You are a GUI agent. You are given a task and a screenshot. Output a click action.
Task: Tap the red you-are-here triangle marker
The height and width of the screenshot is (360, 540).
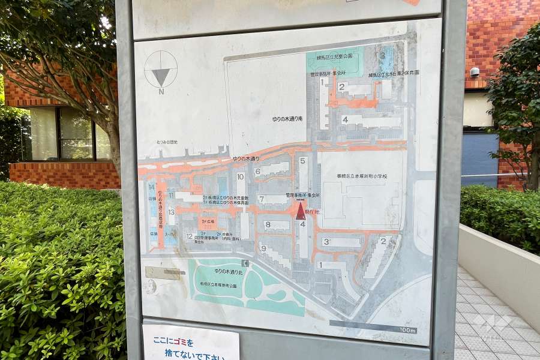click(301, 211)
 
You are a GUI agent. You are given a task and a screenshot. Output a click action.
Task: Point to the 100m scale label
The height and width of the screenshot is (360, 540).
click(407, 330)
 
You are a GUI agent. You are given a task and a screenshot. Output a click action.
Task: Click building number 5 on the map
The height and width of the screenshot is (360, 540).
click(303, 161)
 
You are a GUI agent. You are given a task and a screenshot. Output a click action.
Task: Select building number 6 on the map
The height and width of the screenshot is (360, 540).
click(257, 171)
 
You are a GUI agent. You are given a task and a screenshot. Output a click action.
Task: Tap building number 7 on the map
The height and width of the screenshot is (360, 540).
click(261, 199)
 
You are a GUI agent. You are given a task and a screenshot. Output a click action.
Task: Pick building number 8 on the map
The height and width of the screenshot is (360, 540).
click(267, 224)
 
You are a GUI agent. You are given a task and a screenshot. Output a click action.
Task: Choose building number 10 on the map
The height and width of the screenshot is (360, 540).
click(240, 176)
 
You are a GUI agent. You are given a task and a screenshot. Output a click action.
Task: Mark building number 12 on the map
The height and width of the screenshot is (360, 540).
click(190, 236)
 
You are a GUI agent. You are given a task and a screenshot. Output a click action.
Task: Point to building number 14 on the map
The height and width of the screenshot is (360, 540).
click(152, 188)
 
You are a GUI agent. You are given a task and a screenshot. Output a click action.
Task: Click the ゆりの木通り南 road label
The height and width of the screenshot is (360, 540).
click(287, 119)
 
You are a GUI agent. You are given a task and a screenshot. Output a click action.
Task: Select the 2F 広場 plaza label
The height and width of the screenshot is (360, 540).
click(206, 221)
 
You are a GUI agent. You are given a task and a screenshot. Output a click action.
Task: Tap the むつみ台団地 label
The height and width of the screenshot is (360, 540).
click(166, 142)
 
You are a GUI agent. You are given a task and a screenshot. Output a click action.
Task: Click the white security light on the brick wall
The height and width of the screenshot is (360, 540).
click(475, 72)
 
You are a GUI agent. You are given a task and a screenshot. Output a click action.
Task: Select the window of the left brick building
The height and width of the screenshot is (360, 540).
click(66, 134)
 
